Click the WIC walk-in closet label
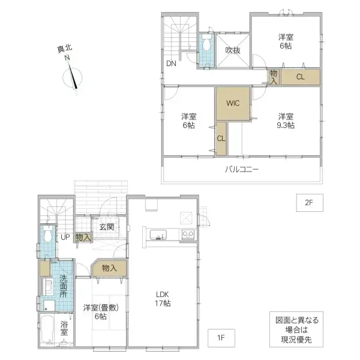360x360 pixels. point(233,103)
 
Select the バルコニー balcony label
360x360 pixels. point(242,170)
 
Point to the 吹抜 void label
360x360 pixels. point(233,51)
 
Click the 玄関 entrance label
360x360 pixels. point(107,226)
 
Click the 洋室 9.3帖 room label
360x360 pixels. point(285,121)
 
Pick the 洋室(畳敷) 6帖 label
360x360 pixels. point(101,313)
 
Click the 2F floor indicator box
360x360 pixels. point(308,203)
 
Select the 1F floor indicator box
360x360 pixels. point(220,338)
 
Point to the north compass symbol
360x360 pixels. point(73,76)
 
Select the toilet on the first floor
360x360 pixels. point(47,235)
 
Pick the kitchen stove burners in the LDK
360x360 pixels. point(188,234)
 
